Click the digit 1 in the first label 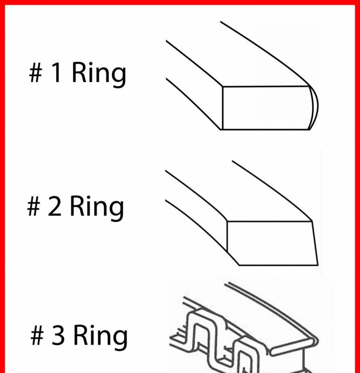tap(56, 72)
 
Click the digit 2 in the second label tap(54, 206)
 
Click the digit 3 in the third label tap(58, 335)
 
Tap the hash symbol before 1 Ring tap(36, 73)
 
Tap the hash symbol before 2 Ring tap(34, 206)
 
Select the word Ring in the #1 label tap(98, 74)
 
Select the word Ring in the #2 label tap(97, 208)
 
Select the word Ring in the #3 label tap(100, 337)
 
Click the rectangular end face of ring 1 tap(266, 108)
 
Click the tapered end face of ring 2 tap(272, 243)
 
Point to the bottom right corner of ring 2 tap(318, 265)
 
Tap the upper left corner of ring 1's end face tap(222, 87)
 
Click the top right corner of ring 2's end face tap(312, 221)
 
